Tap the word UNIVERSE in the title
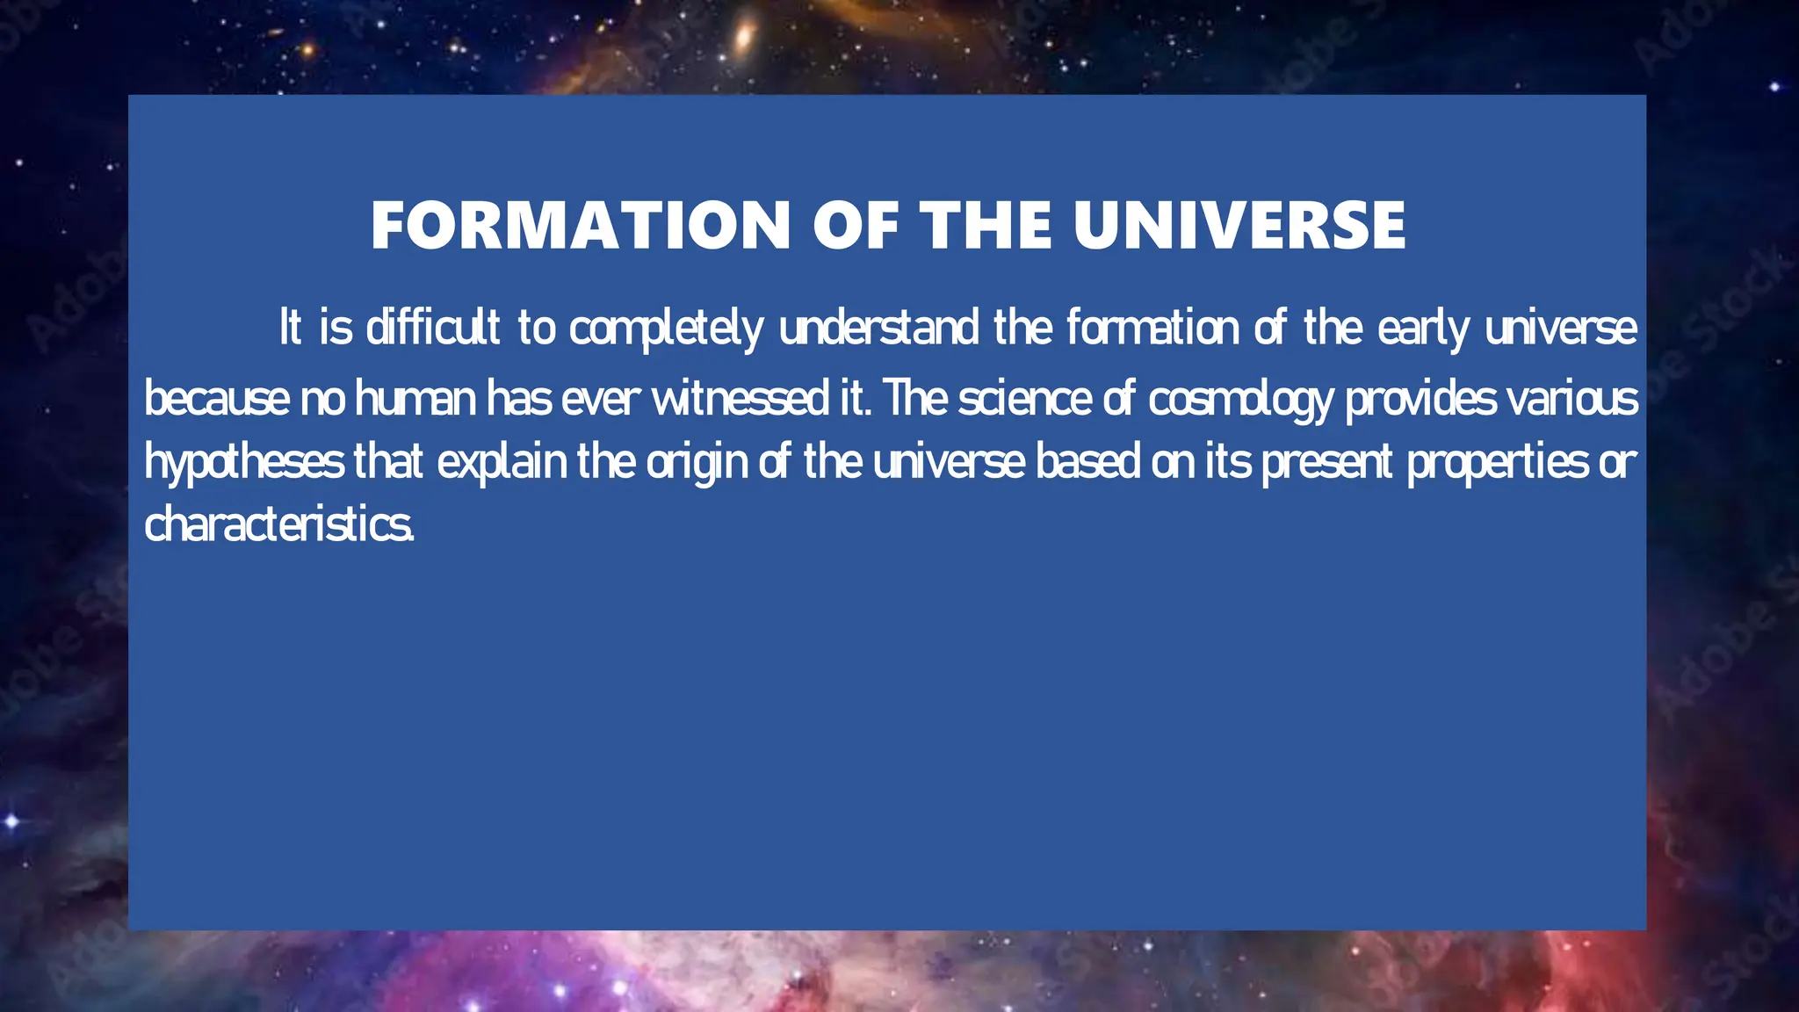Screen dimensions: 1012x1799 (x=1239, y=226)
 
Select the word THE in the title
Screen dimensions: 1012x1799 (x=986, y=226)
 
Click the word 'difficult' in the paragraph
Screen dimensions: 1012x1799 (x=433, y=328)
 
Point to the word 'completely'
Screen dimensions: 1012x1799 (x=666, y=329)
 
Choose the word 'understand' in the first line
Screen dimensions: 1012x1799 (x=878, y=328)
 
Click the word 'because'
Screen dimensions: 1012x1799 (x=216, y=399)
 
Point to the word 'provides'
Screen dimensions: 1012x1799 (x=1420, y=399)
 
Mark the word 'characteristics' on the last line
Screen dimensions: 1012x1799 (x=278, y=525)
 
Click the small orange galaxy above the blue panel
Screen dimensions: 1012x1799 (x=744, y=36)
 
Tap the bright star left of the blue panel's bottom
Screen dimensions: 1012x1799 (x=12, y=821)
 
